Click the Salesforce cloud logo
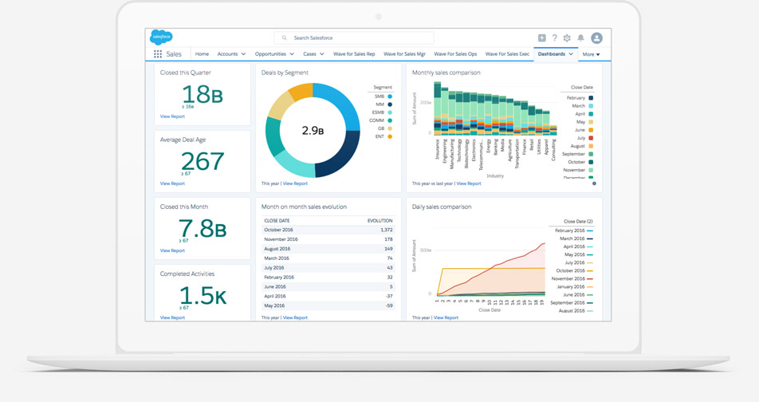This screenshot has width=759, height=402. [x=161, y=37]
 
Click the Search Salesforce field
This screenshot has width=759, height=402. [x=354, y=37]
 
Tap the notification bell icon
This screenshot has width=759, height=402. [x=580, y=37]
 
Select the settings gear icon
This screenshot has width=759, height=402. [x=567, y=37]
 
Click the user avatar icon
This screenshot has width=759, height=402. [x=596, y=37]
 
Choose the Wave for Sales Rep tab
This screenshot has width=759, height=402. [x=354, y=54]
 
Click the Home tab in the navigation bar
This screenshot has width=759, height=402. [x=202, y=54]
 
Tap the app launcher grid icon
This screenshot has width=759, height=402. [x=158, y=54]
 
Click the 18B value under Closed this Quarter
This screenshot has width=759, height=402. [x=203, y=94]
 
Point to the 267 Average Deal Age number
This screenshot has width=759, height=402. [x=203, y=161]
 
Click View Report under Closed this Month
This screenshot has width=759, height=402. [x=172, y=250]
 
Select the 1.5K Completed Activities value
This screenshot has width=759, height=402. [x=203, y=296]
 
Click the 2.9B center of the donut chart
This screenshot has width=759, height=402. [x=313, y=130]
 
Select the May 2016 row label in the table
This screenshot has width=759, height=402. [x=274, y=305]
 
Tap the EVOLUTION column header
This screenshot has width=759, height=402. [x=379, y=221]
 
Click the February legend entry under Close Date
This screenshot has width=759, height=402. [x=578, y=97]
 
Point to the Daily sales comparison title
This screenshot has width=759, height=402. [x=442, y=207]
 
